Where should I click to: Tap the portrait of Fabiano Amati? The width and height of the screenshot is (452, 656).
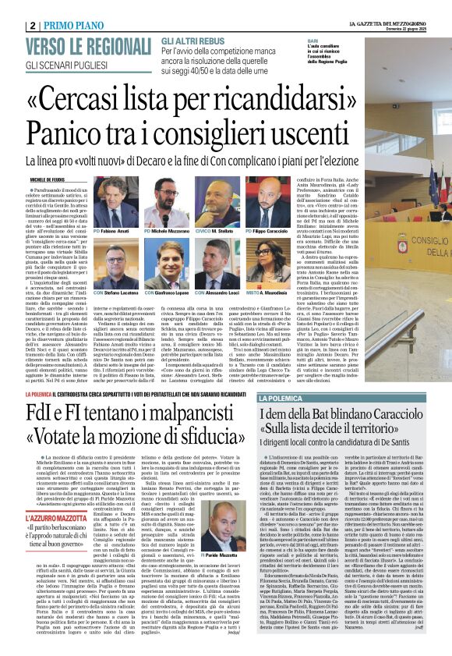click(112, 207)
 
